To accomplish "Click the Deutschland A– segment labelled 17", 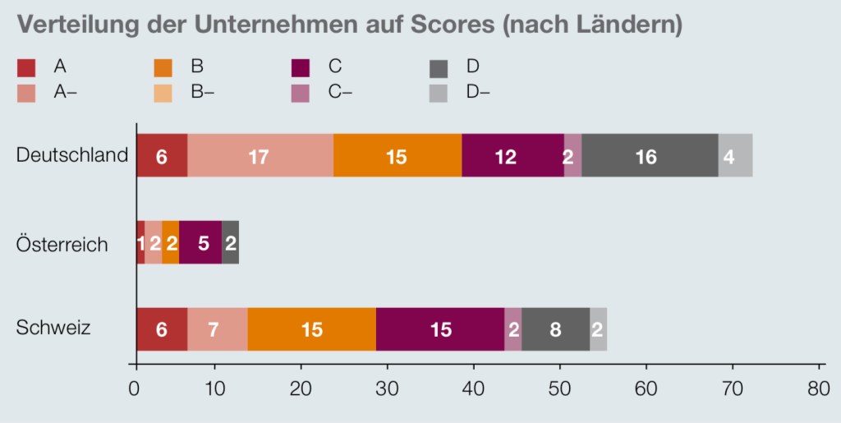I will point(259,155).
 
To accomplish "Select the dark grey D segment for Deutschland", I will point(650,155).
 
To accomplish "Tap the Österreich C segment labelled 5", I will point(200,242).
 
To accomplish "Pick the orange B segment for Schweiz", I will point(311,329).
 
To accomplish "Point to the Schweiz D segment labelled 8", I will point(555,329).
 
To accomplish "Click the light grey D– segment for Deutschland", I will point(735,155).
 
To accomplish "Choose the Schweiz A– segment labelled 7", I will point(217,329).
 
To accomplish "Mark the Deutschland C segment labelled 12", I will point(512,155).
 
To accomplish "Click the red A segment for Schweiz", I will point(162,329).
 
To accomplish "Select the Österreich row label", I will point(62,244).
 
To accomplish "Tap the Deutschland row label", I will point(72,155).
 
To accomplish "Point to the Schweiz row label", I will point(53,329).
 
